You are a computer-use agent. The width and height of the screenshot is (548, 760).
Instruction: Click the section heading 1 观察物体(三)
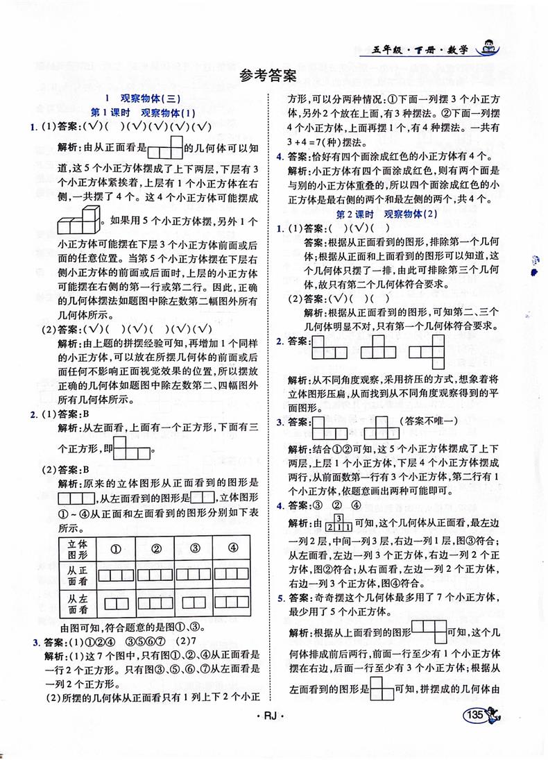click(141, 99)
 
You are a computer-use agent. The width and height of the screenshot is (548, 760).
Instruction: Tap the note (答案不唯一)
click(427, 421)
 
